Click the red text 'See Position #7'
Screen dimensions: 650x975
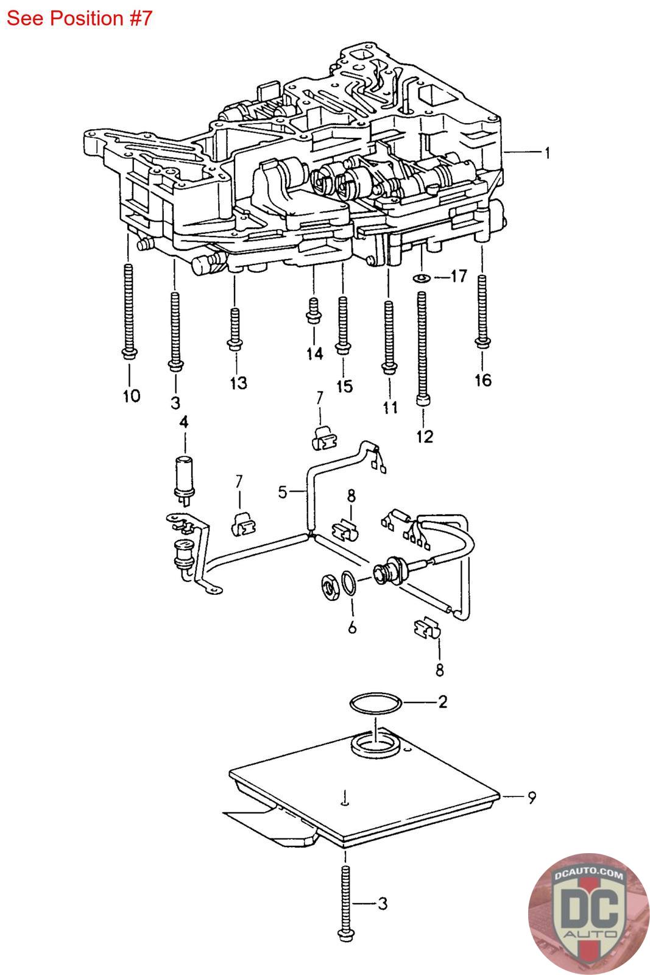coord(79,18)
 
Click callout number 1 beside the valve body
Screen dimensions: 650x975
coord(547,153)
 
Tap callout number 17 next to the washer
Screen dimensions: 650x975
coord(459,276)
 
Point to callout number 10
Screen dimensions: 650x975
coord(132,395)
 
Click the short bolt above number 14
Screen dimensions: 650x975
coord(314,311)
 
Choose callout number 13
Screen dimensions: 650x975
coord(238,383)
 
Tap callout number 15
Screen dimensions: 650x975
coord(345,386)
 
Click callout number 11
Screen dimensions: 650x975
coord(390,408)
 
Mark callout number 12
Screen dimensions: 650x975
coord(425,436)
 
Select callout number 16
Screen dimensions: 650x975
coord(483,380)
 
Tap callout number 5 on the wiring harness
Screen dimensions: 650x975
coord(283,492)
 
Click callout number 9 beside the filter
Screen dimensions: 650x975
coord(532,798)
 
